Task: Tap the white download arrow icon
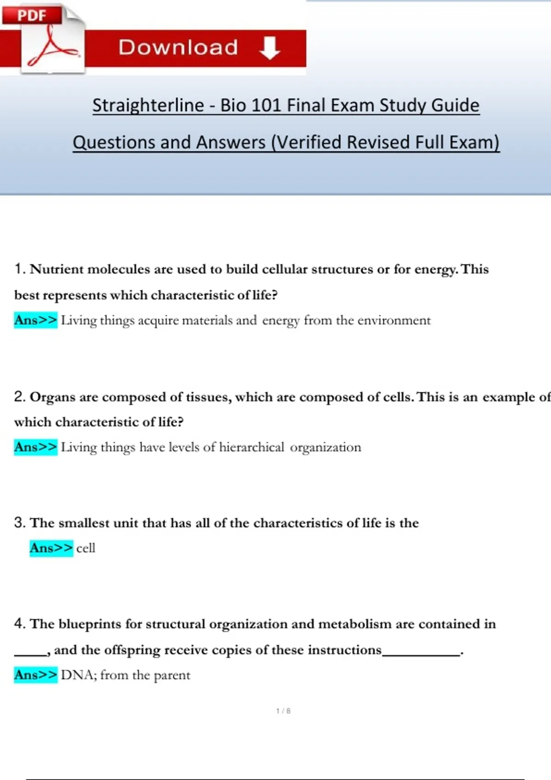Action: point(270,48)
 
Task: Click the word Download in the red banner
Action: point(178,47)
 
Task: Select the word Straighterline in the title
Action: point(148,105)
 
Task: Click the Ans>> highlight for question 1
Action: point(35,320)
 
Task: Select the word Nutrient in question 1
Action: point(56,269)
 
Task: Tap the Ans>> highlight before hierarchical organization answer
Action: point(35,447)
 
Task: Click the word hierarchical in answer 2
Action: point(252,447)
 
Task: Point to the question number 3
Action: point(19,523)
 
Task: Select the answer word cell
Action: point(86,548)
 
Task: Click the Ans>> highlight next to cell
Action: point(51,548)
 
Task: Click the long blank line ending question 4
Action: point(421,654)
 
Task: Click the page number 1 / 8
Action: point(283,711)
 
